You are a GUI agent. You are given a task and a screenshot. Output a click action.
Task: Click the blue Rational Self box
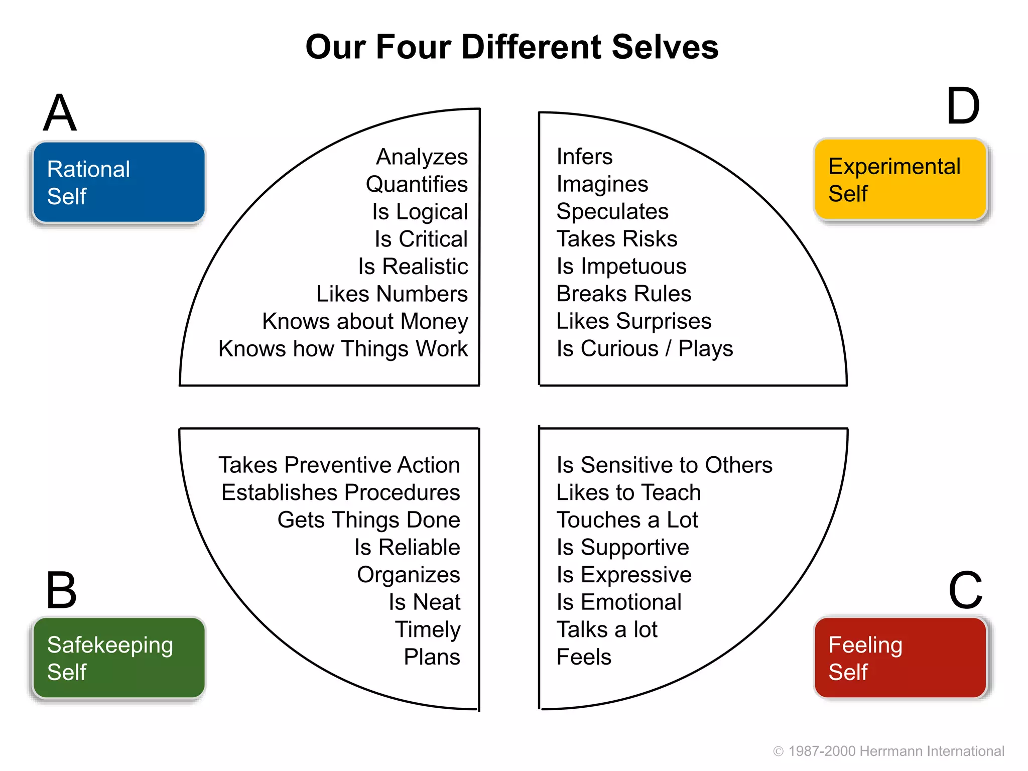point(119,182)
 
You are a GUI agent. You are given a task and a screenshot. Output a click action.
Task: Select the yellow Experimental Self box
point(901,180)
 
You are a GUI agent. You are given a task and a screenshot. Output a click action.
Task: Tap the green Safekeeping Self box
point(119,658)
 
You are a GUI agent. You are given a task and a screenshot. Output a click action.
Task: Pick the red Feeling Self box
point(901,658)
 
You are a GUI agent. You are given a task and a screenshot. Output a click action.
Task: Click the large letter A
point(60,113)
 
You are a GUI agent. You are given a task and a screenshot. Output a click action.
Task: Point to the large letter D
point(963,106)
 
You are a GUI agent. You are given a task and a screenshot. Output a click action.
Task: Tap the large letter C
point(965,590)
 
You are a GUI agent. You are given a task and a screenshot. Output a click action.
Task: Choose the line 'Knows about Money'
point(365,321)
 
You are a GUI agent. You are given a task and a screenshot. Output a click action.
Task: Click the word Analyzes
point(422,157)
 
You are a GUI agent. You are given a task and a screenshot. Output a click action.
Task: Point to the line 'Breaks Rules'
point(624,294)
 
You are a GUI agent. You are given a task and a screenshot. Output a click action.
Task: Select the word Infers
point(585,157)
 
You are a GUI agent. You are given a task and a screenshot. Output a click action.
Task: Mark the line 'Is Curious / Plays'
point(645,349)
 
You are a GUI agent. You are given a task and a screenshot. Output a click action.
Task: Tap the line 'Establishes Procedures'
point(340,492)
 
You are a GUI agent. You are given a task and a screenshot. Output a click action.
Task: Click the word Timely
point(428,629)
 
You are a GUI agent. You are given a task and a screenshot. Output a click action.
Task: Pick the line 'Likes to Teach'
point(628,492)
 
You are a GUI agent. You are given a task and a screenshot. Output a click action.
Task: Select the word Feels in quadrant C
point(584,657)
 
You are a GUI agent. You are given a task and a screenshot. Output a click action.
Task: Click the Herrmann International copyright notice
point(889,751)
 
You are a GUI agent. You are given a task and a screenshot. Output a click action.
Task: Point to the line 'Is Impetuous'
point(621,267)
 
